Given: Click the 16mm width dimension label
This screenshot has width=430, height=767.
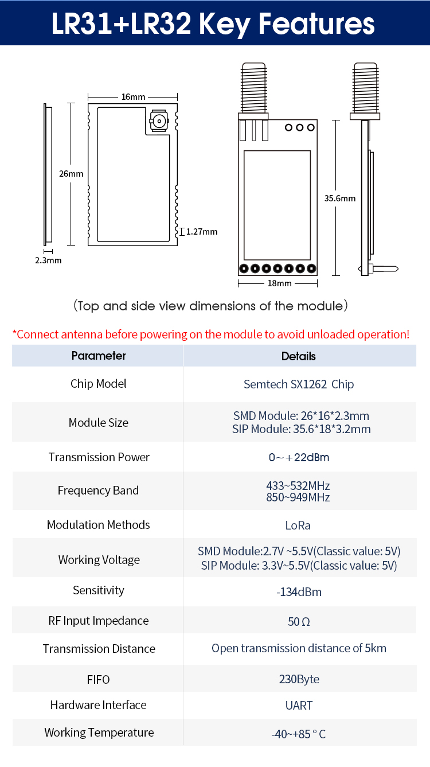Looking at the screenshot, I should coord(133,97).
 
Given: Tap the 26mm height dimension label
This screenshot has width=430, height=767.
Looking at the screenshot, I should coord(72,174).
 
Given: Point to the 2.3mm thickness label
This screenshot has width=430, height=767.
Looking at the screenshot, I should coord(49,260).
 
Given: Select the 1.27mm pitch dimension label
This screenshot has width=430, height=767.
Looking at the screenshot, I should coord(202,232).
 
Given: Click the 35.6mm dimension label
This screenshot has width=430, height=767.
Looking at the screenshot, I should coord(340,198).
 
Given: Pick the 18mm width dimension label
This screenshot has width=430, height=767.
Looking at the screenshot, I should coord(280,283).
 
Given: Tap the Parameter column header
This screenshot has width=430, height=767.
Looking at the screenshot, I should coord(99,356).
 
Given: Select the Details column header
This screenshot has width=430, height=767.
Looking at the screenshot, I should coord(299,356).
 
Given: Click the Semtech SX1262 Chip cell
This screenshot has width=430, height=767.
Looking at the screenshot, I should coord(299,384).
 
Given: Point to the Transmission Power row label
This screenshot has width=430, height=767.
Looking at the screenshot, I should coord(99,457).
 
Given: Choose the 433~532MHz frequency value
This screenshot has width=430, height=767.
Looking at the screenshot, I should coord(298,485).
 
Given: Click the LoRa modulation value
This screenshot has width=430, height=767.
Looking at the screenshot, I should coord(298,525).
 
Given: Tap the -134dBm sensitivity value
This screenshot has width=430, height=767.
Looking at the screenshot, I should coord(299,592).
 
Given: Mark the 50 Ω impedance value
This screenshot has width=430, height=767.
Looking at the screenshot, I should coord(299,622).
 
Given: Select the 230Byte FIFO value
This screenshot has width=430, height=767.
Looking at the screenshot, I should coord(299,679).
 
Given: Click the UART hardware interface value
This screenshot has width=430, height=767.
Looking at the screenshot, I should coord(299,706).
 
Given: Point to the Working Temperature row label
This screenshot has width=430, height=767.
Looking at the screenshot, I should coord(99,733).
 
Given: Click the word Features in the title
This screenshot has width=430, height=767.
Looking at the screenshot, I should coord(316,24).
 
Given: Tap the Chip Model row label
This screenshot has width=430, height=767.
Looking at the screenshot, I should coord(99,384).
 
